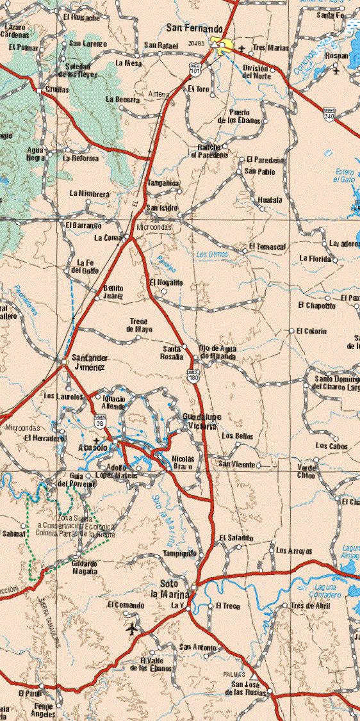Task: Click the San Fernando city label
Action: pyautogui.click(x=194, y=29)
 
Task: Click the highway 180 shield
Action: pyautogui.click(x=193, y=377)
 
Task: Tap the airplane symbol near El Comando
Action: pyautogui.click(x=132, y=629)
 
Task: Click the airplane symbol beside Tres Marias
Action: pyautogui.click(x=241, y=49)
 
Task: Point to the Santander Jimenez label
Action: pyautogui.click(x=90, y=362)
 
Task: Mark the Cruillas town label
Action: pyautogui.click(x=58, y=90)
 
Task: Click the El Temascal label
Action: pyautogui.click(x=267, y=246)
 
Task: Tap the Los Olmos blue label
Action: pyautogui.click(x=210, y=254)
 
